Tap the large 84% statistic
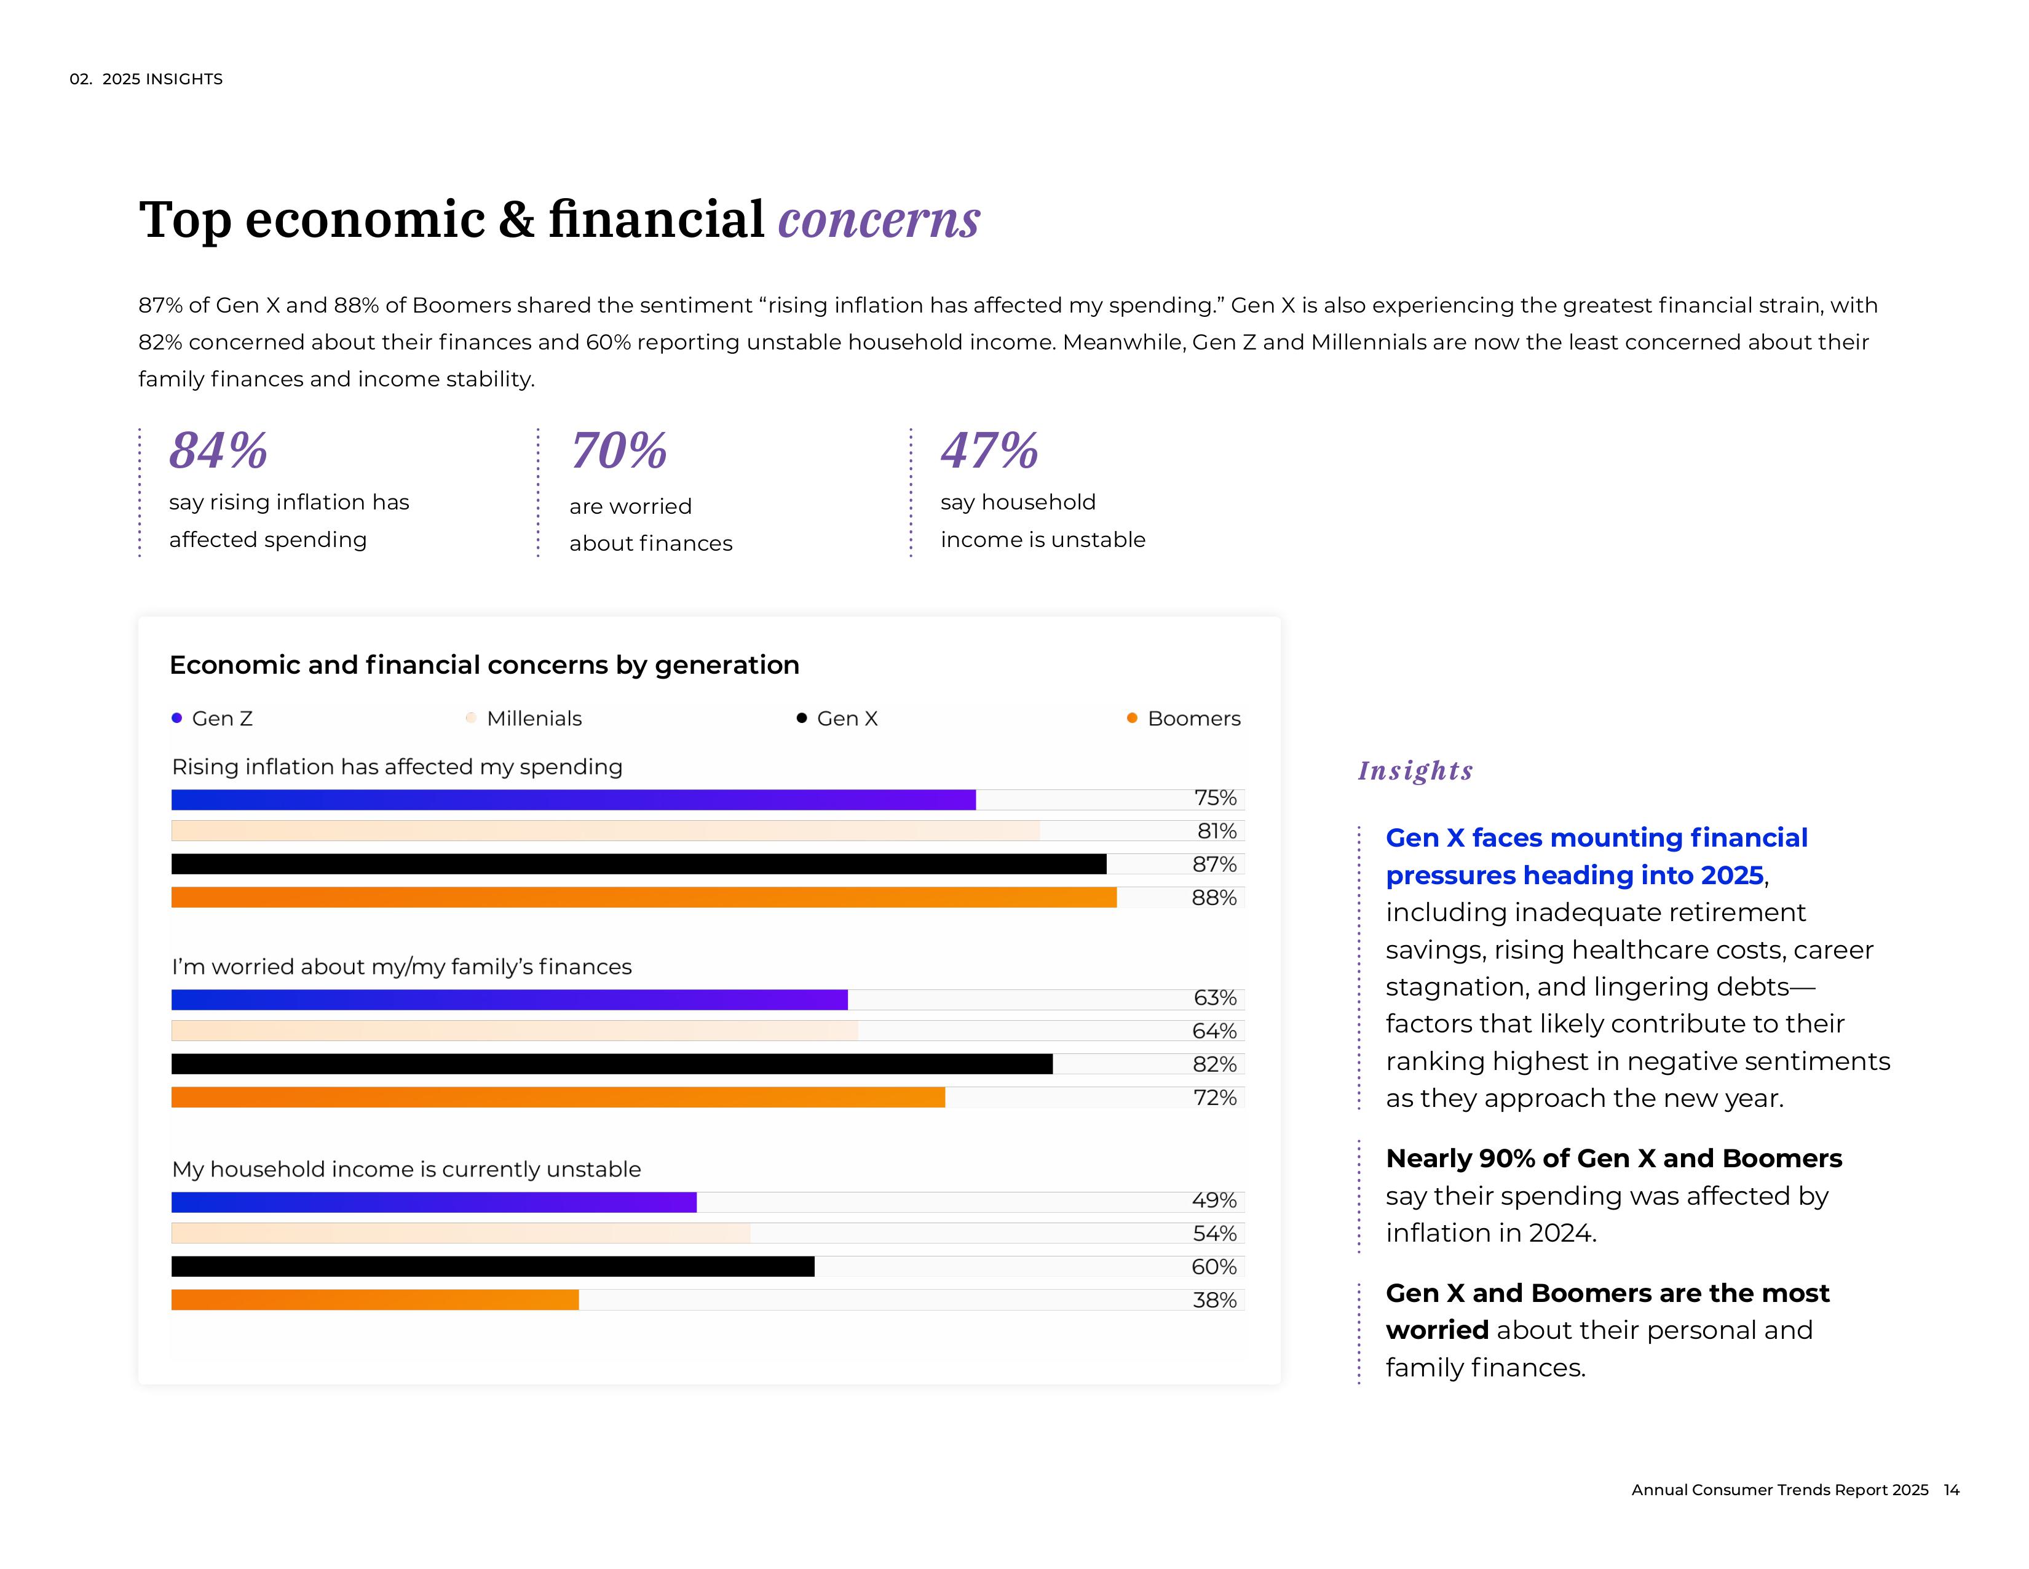pos(218,451)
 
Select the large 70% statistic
pos(619,451)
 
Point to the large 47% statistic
pos(989,451)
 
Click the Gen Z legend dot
pos(176,717)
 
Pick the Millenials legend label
pos(534,719)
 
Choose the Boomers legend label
pos(1194,719)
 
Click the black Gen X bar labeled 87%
pos(638,864)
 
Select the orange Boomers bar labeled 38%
pos(374,1300)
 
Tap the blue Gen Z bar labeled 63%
pos(509,999)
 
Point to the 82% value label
pos(1214,1064)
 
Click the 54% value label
pos(1214,1234)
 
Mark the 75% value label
pos(1215,797)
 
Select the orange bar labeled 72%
pos(558,1098)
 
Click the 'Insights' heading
pos(1415,770)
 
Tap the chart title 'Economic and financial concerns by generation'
pos(484,665)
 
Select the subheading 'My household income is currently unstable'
pos(406,1169)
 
